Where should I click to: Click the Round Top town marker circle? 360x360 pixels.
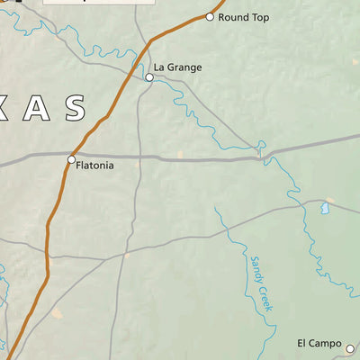coord(210,17)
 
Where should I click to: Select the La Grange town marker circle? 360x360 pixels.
coord(149,78)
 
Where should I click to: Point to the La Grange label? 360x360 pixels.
coord(177,67)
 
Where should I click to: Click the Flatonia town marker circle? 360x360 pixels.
coord(72,160)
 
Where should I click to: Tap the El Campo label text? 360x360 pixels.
coord(319,344)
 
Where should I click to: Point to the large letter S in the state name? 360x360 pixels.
coord(74,109)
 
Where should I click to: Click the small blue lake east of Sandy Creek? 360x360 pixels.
coord(325,208)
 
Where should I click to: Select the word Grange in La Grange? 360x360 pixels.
coord(184,67)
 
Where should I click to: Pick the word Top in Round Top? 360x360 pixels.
coord(259,17)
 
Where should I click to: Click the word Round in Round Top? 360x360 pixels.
coord(233,17)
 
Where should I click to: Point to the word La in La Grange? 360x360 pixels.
coord(158,67)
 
